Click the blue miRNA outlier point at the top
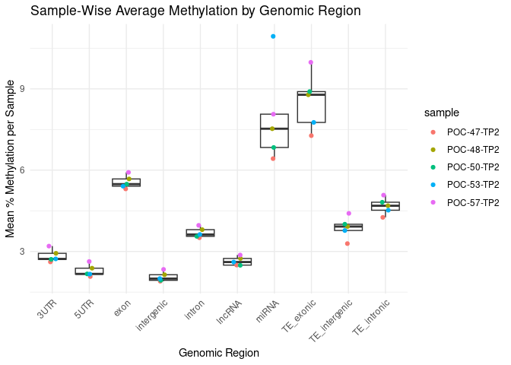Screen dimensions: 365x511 [273, 36]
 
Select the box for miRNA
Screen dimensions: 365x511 [274, 131]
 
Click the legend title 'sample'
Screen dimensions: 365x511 [441, 113]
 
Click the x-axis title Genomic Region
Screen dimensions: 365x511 [218, 353]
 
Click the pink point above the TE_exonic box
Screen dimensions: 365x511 [311, 62]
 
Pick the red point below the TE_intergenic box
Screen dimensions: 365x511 [348, 243]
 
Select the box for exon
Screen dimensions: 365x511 [126, 182]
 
